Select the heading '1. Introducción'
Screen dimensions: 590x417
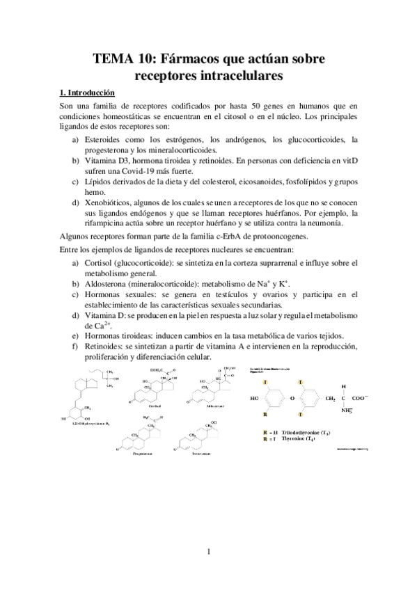[88, 92]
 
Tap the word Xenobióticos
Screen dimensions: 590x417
[107, 202]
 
